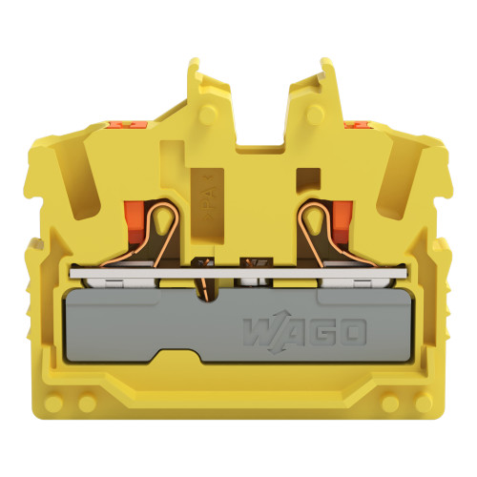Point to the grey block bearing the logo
(x=238, y=329)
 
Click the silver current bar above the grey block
(x=238, y=277)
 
